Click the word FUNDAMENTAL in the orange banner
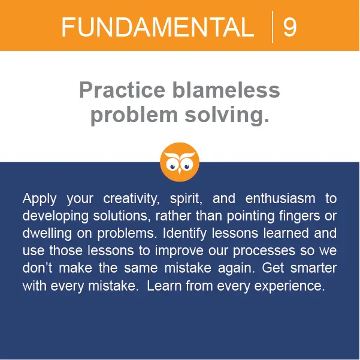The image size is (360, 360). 158,27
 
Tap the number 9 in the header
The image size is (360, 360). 290,27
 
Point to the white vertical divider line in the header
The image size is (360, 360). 273,27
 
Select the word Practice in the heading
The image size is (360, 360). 122,90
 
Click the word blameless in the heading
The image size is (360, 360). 226,90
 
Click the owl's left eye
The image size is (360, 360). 172,166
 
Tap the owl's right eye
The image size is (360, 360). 187,166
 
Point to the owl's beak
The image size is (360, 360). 180,171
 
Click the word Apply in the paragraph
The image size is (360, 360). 40,199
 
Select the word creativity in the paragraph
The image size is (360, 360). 131,199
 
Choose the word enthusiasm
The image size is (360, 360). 280,198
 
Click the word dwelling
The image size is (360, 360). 47,234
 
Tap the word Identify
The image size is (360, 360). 184,234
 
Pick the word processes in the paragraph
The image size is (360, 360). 264,251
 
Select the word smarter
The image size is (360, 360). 313,268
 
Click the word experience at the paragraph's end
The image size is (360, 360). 289,286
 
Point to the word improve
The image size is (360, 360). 179,251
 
